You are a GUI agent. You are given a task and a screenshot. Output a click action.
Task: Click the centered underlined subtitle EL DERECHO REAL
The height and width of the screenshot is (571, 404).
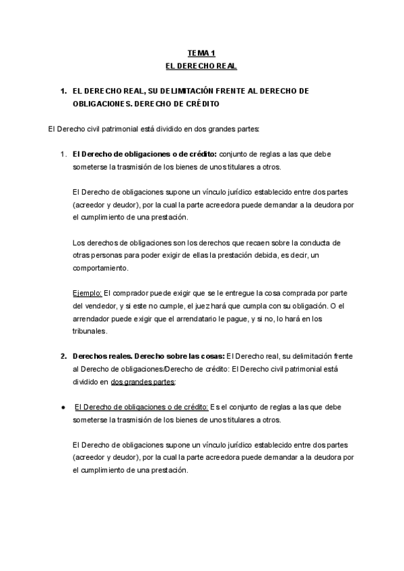pyautogui.click(x=201, y=66)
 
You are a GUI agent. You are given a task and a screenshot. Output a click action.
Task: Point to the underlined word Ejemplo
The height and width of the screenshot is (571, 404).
pyautogui.click(x=87, y=294)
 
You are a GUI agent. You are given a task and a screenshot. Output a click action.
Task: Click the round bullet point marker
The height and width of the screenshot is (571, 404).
pyautogui.click(x=63, y=407)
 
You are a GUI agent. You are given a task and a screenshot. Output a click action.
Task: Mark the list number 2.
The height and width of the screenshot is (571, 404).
pyautogui.click(x=63, y=356)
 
